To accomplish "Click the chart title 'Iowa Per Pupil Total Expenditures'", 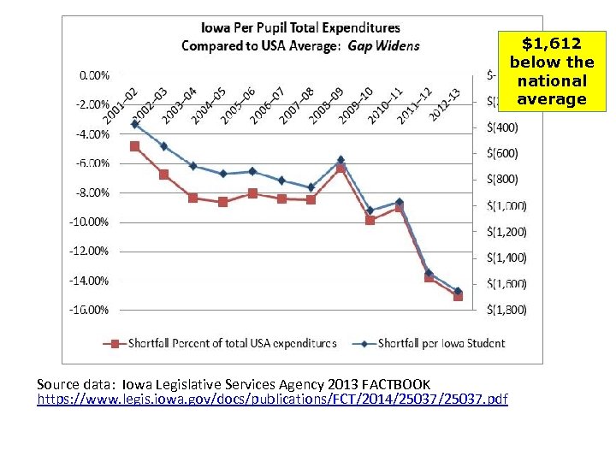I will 299,28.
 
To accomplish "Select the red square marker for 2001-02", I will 134,146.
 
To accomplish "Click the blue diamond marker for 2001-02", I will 134,124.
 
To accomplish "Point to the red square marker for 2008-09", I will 341,169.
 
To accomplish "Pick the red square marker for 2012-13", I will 458,296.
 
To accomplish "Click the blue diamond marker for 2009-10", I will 370,210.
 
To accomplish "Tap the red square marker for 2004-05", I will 222,202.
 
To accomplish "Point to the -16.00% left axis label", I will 90,310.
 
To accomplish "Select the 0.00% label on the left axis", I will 94,75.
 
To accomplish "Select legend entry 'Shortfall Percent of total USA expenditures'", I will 231,343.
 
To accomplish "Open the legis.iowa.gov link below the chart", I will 273,400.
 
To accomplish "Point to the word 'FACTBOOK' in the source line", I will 399,384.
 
